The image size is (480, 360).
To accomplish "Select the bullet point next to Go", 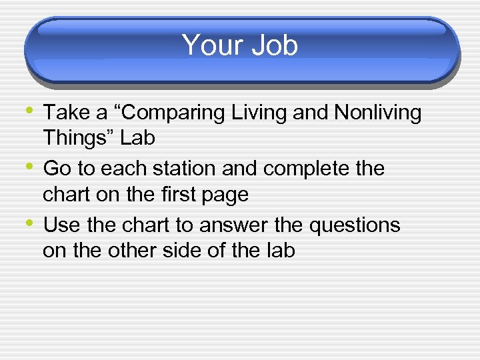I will pos(31,167).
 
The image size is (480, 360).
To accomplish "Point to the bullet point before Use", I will pos(31,223).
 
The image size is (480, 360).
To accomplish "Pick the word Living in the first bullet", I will pos(259,113).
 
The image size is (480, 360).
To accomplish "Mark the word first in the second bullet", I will pos(183,195).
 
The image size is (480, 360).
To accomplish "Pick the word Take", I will pos(69,113).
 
